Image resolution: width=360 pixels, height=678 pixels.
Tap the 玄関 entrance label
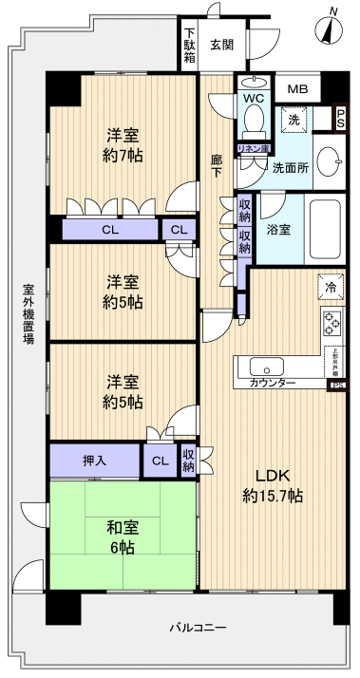[222, 44]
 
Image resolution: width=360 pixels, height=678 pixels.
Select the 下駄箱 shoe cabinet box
[190, 45]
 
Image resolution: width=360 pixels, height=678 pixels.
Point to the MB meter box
[299, 89]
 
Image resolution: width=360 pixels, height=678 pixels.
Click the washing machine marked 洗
[294, 121]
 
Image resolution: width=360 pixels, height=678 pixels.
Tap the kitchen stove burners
[332, 323]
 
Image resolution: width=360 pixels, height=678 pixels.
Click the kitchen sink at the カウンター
[265, 366]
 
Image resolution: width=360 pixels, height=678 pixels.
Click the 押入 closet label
[94, 461]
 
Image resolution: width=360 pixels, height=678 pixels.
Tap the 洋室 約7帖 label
[123, 143]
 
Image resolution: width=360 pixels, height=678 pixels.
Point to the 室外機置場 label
[28, 312]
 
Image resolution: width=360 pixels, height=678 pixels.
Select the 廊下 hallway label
[217, 166]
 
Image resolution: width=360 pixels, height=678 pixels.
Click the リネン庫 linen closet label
[253, 149]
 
